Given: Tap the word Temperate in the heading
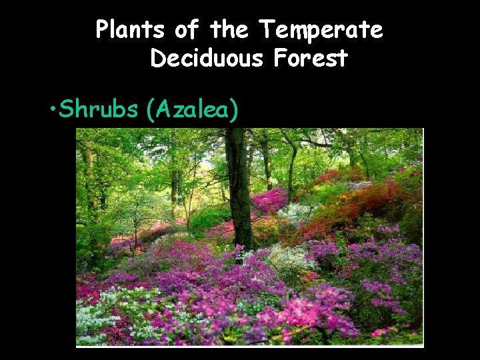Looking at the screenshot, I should click(321, 30).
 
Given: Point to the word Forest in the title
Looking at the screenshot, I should click(310, 59).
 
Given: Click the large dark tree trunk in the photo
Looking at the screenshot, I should click(238, 187).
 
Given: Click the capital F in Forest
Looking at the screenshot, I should click(281, 59).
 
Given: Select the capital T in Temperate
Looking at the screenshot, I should click(266, 30).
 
